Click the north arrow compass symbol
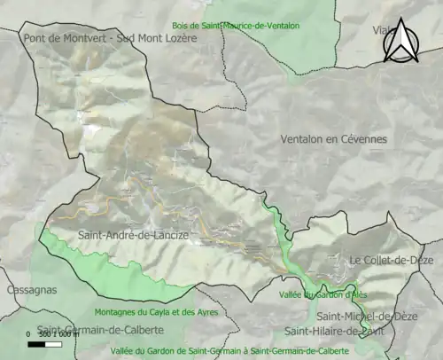pyautogui.click(x=403, y=41)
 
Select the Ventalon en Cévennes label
pyautogui.click(x=334, y=140)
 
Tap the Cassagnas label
pyautogui.click(x=31, y=290)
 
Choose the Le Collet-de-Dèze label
pyautogui.click(x=391, y=260)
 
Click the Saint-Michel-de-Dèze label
pyautogui.click(x=363, y=316)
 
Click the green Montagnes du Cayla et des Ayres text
pyautogui.click(x=139, y=312)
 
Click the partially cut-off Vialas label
pyautogui.click(x=383, y=29)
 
